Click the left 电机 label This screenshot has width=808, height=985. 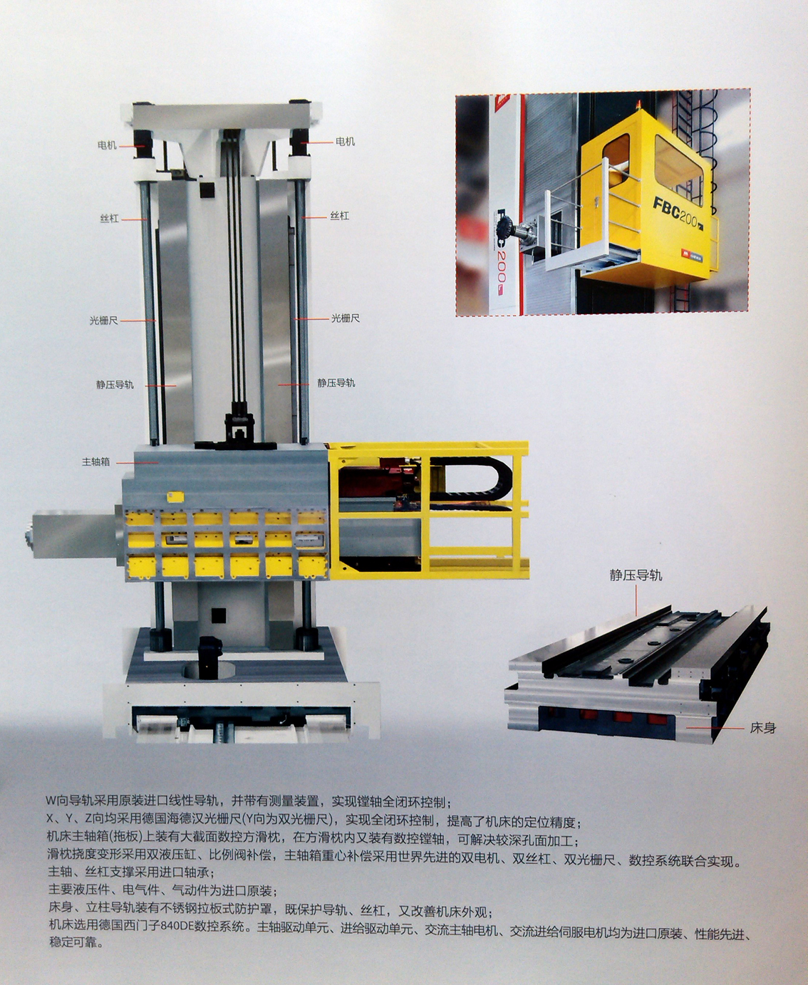coord(107,145)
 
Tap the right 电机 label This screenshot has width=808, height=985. coord(346,141)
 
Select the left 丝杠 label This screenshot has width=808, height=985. coord(109,218)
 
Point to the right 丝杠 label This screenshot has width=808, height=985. coord(340,216)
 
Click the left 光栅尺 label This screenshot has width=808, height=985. coord(104,320)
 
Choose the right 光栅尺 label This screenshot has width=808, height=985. coord(346,318)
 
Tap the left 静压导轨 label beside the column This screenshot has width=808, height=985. coord(115,385)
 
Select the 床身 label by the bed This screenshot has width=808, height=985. coord(762,728)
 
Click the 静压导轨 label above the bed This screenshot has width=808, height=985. coord(636,575)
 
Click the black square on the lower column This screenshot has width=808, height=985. coord(218,615)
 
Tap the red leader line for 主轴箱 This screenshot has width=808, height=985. coord(138,462)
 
